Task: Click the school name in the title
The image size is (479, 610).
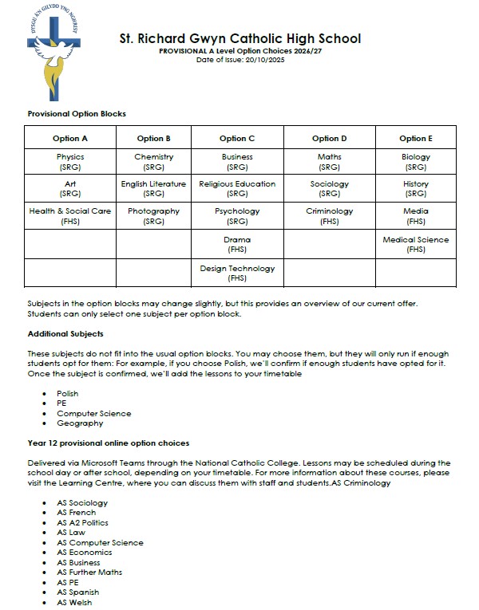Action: (x=239, y=38)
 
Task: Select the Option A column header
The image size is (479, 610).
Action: (x=70, y=139)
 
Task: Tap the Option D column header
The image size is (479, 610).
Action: (x=329, y=139)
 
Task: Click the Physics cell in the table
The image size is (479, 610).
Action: (x=70, y=162)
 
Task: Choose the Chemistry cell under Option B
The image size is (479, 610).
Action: (x=154, y=162)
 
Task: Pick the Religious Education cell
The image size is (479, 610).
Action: (x=237, y=188)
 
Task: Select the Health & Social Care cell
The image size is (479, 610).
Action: (x=70, y=216)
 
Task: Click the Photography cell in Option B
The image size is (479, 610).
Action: (x=154, y=216)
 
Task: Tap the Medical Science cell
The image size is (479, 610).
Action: (x=415, y=244)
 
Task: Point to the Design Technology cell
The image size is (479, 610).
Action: (x=237, y=273)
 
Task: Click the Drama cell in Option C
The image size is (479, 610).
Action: (x=237, y=244)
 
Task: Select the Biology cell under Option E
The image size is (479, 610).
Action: (x=415, y=162)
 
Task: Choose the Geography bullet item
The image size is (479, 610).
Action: (x=79, y=423)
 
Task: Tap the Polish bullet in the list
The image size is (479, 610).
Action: (x=67, y=393)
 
